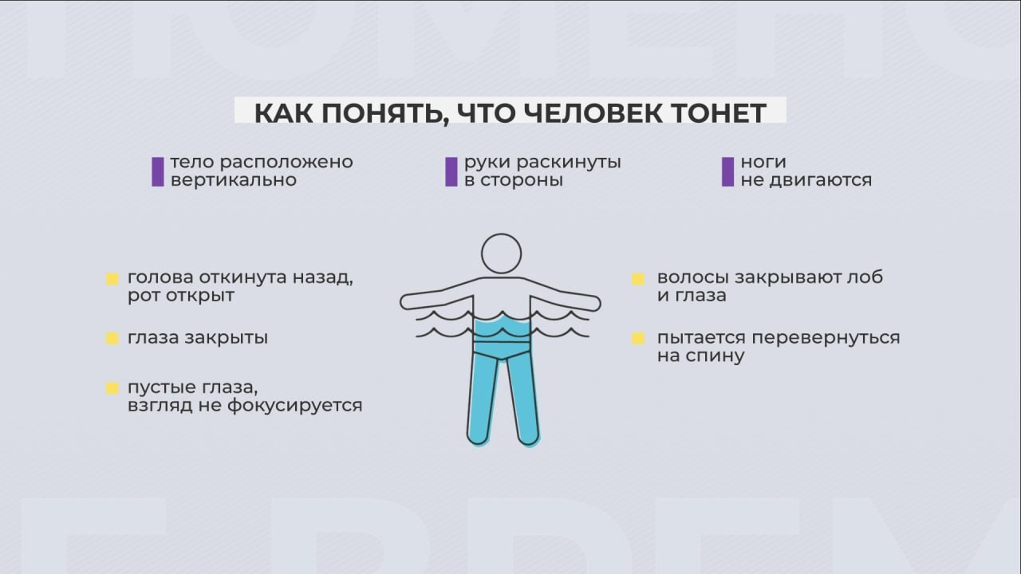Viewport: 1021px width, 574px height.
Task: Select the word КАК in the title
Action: coord(285,113)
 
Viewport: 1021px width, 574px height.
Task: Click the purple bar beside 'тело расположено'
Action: coord(158,171)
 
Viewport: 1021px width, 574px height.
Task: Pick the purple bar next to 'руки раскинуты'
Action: coord(451,171)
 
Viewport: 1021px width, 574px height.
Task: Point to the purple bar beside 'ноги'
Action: coord(728,171)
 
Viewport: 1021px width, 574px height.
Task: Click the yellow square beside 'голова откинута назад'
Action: coord(112,279)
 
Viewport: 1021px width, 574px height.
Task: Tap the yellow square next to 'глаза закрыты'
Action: coord(112,338)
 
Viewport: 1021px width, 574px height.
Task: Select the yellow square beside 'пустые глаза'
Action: coord(112,388)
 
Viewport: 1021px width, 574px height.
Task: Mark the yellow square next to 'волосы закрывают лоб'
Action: coord(638,279)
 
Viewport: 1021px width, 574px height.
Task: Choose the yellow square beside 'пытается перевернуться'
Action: coord(638,338)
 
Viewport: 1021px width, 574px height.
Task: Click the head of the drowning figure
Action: coord(502,254)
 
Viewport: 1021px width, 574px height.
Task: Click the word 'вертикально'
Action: coord(234,180)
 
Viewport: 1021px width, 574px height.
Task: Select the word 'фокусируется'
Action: coord(295,406)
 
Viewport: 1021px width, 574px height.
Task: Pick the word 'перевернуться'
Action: coord(826,339)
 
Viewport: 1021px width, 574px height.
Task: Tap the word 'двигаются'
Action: coord(821,181)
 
